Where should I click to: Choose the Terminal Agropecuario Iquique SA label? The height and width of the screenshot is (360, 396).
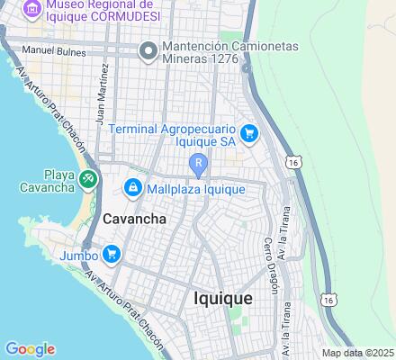(x=174, y=136)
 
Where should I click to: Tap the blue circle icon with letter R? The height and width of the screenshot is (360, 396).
(x=198, y=162)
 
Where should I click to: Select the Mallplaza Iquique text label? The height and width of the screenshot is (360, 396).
(x=195, y=189)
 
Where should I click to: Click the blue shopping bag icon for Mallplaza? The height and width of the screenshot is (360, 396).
(x=131, y=187)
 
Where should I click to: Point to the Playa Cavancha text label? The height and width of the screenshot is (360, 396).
(x=48, y=181)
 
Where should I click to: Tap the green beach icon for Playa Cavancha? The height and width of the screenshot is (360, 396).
(x=88, y=179)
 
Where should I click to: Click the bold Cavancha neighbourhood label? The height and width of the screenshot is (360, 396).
(x=134, y=219)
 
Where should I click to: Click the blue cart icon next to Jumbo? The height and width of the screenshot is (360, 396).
(x=112, y=254)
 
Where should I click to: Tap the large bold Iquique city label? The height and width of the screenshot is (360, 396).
(x=223, y=299)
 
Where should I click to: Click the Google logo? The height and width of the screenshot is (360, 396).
(x=30, y=349)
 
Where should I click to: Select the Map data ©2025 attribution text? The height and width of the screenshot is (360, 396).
(x=358, y=353)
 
